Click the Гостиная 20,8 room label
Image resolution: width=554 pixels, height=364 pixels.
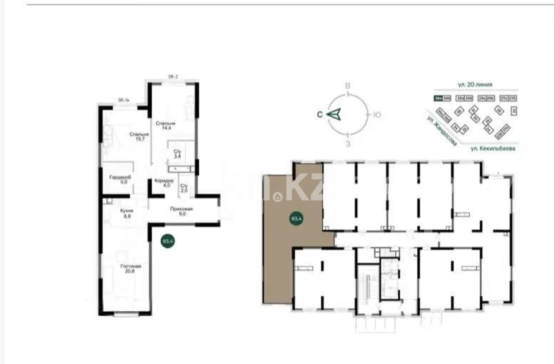click(x=130, y=269)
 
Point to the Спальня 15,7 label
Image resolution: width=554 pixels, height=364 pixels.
click(x=138, y=136)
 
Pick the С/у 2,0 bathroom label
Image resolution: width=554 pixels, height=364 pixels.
click(x=183, y=188)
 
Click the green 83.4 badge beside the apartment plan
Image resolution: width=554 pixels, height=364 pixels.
click(x=168, y=241)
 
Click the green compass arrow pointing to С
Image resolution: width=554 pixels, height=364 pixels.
click(x=336, y=113)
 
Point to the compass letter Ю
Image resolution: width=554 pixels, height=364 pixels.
click(x=377, y=114)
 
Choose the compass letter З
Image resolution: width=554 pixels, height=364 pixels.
click(x=347, y=144)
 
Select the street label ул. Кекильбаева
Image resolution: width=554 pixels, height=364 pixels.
click(x=493, y=148)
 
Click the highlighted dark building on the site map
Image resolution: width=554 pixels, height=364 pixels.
click(x=436, y=98)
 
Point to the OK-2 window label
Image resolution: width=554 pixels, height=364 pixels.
click(x=172, y=76)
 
